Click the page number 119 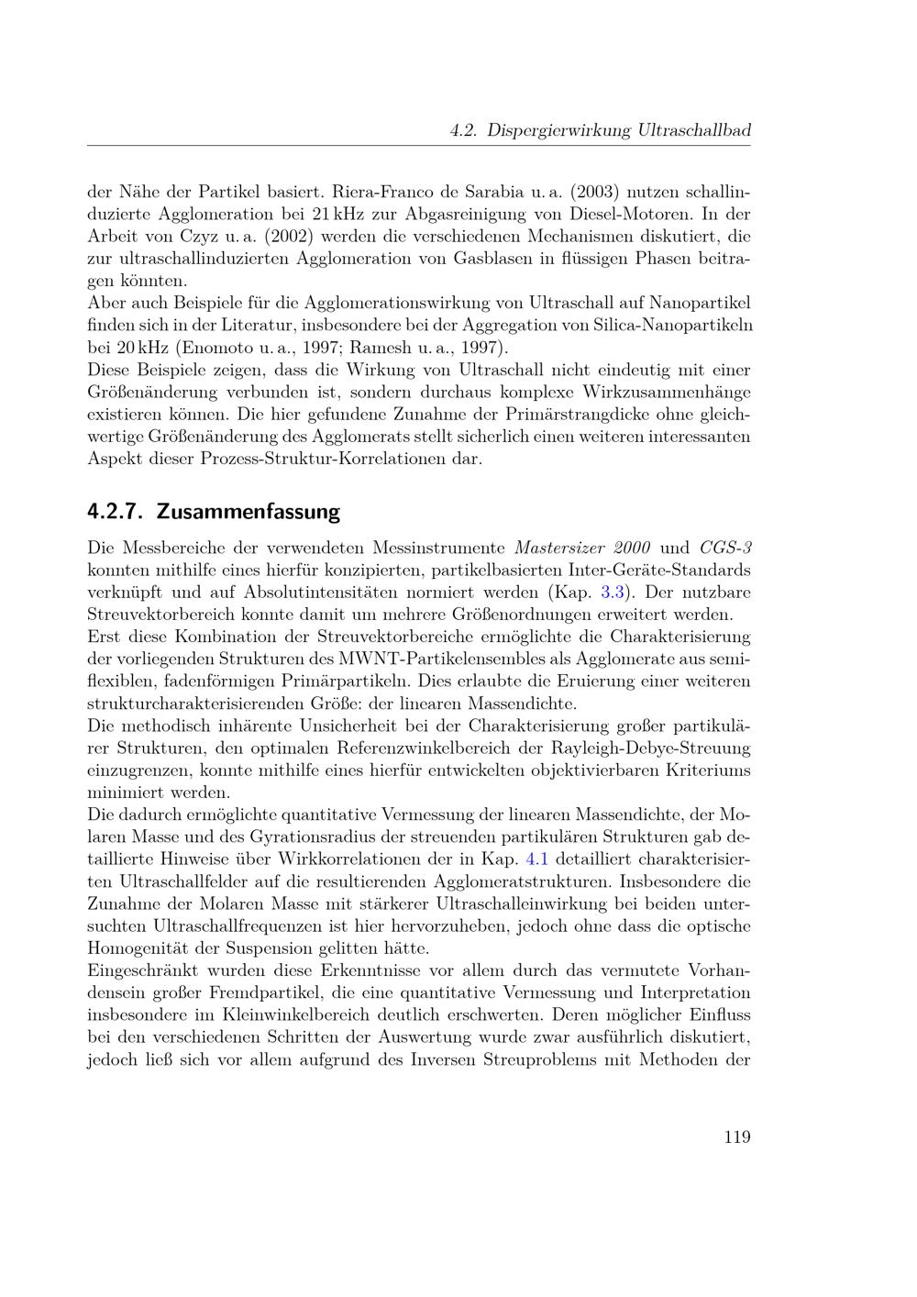736,1137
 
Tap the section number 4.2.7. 117,511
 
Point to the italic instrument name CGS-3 726,548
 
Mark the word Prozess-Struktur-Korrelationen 341,459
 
